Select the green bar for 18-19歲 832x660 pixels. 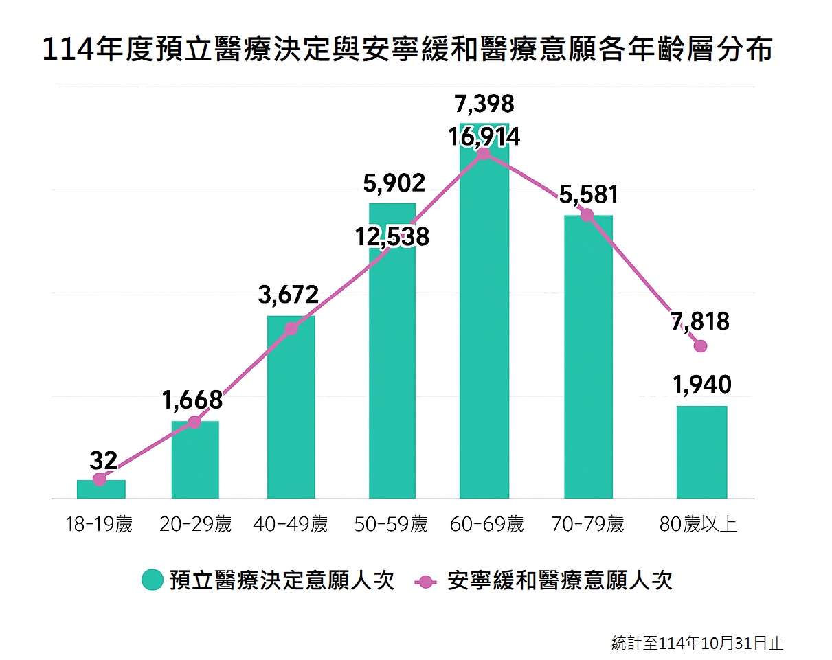point(101,489)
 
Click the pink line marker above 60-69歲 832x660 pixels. point(484,153)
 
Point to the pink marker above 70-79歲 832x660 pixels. point(587,215)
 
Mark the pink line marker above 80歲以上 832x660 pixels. point(700,346)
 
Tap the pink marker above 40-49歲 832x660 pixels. point(291,328)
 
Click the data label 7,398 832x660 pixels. point(484,104)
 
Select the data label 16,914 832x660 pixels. point(484,137)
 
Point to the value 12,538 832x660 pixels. point(392,237)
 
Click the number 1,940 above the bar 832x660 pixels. point(702,385)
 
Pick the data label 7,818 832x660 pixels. point(701,321)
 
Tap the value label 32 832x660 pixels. point(103,459)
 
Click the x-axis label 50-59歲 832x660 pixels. point(391,525)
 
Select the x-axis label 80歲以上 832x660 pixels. point(698,525)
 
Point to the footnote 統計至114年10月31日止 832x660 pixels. point(697,644)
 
